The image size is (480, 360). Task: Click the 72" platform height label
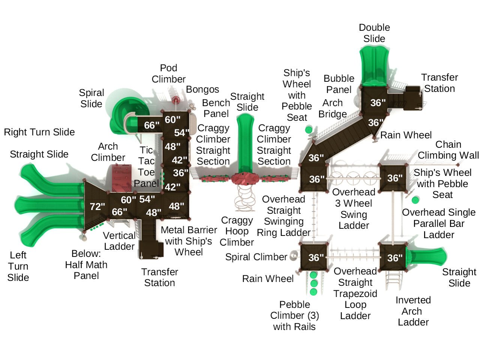(x=97, y=206)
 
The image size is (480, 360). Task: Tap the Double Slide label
(x=374, y=33)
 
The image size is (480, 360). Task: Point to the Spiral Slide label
(x=91, y=98)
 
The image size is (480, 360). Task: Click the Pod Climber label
(x=168, y=73)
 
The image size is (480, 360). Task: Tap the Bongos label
(x=202, y=89)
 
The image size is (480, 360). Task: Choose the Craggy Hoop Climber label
(x=237, y=231)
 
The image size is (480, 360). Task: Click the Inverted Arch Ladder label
(x=413, y=311)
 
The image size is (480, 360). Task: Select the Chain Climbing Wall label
(x=448, y=150)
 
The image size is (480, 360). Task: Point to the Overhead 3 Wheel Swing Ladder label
(x=354, y=209)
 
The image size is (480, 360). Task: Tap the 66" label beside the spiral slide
(x=151, y=125)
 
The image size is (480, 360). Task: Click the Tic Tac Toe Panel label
(x=146, y=166)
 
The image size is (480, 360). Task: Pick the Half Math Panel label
(x=86, y=265)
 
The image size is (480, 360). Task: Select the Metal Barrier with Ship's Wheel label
(x=189, y=241)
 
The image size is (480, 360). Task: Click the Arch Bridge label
(x=333, y=108)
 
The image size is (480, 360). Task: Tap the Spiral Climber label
(x=256, y=257)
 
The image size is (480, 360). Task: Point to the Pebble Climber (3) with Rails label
(x=294, y=315)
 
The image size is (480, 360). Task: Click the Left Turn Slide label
(x=18, y=266)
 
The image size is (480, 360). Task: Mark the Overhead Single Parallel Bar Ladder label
(x=439, y=223)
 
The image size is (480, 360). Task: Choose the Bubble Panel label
(x=339, y=84)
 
